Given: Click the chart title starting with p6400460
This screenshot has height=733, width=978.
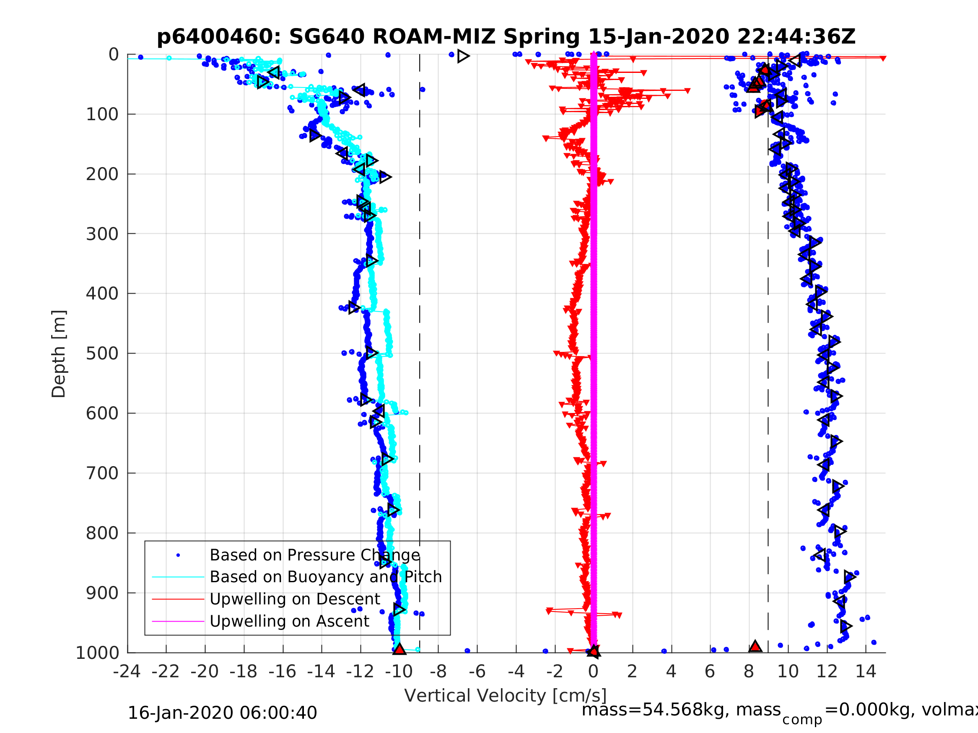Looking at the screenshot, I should pyautogui.click(x=506, y=37).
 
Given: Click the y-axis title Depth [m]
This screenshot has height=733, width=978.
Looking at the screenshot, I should pyautogui.click(x=59, y=354).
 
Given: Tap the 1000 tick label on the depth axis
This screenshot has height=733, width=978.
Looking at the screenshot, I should pyautogui.click(x=97, y=653).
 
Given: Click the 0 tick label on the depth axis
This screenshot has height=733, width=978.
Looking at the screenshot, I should pyautogui.click(x=114, y=55).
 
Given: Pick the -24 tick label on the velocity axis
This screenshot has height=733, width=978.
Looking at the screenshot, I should pyautogui.click(x=127, y=671).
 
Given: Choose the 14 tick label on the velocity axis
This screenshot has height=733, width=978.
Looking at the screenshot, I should pyautogui.click(x=865, y=671).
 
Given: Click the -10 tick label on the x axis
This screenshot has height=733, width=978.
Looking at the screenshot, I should pyautogui.click(x=399, y=671).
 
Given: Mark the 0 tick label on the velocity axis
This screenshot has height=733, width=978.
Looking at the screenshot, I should pyautogui.click(x=593, y=671).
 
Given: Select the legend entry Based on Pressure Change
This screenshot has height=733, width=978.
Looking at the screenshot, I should pyautogui.click(x=314, y=555).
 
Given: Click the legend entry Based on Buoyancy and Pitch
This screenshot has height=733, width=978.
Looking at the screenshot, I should pyautogui.click(x=325, y=577).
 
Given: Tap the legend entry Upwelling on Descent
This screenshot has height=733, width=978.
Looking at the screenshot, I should pyautogui.click(x=294, y=599).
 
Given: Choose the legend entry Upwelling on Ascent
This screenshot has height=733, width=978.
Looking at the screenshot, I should pyautogui.click(x=289, y=621).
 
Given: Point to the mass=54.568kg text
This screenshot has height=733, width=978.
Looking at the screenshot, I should pyautogui.click(x=681, y=710).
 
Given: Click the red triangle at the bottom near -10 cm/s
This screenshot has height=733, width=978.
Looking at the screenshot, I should pyautogui.click(x=399, y=649).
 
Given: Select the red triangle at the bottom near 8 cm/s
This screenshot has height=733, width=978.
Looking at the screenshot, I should pyautogui.click(x=755, y=646).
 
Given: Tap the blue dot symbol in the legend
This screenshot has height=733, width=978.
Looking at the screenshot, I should pyautogui.click(x=178, y=555).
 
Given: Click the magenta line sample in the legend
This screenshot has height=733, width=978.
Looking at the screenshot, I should pyautogui.click(x=178, y=622).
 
